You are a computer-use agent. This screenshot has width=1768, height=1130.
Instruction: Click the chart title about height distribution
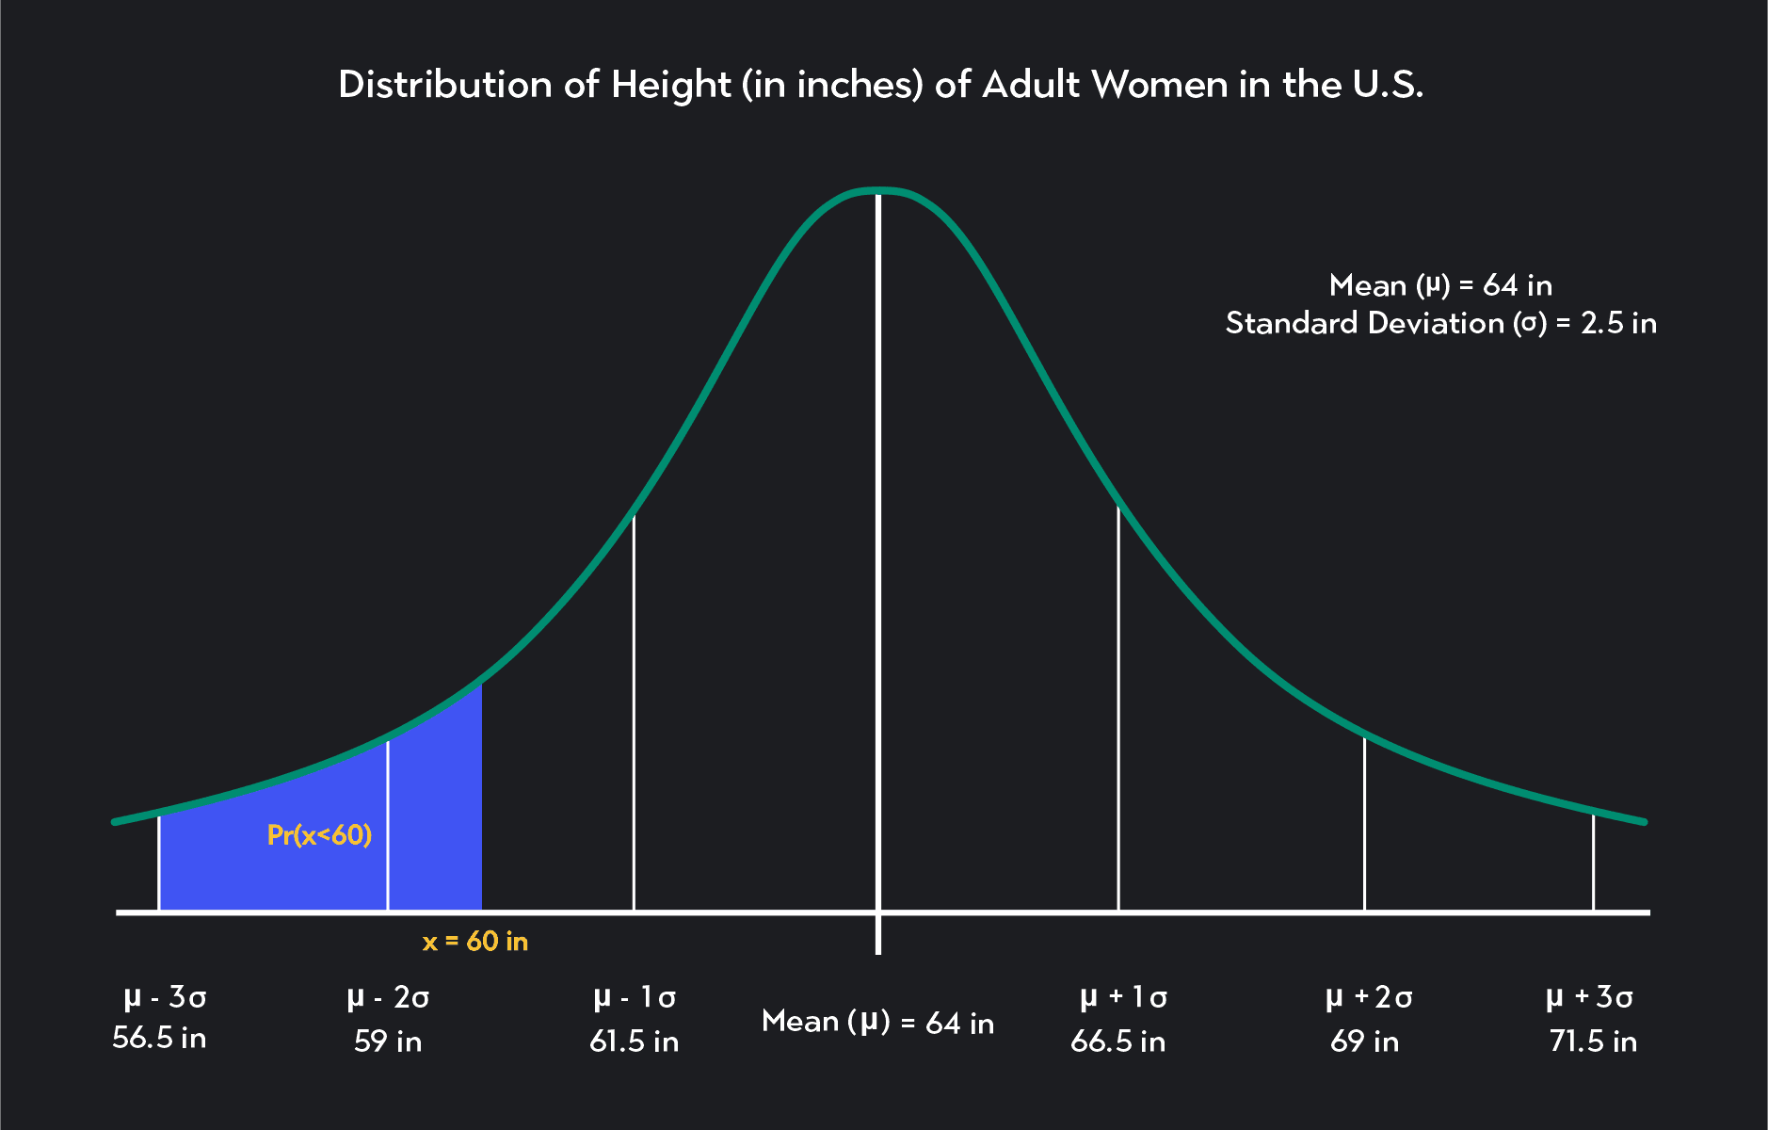tap(880, 85)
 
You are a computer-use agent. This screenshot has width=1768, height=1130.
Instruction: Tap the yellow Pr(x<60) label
tap(319, 835)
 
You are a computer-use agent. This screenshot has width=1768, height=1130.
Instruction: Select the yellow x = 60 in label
tap(475, 942)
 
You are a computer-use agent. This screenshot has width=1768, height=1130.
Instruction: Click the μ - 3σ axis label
tap(165, 997)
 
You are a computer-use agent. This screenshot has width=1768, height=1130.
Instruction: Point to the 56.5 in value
tap(159, 1039)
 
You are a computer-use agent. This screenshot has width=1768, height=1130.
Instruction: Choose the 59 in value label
tap(388, 1041)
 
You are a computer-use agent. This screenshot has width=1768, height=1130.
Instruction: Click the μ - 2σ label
tap(388, 997)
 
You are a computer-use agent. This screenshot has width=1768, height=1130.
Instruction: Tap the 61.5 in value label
tap(634, 1041)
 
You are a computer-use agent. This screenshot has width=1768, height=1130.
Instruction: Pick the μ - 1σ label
tap(635, 997)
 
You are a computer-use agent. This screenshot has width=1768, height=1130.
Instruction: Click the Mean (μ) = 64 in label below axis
tap(877, 1022)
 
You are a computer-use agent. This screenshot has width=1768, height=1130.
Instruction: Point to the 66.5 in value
tap(1117, 1041)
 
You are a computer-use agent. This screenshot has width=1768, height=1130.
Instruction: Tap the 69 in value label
tap(1364, 1041)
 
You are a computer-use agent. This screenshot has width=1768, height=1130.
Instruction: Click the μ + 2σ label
tap(1369, 997)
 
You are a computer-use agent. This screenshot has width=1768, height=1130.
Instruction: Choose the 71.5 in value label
tap(1593, 1041)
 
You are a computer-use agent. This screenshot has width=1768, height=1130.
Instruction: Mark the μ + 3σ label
tap(1589, 997)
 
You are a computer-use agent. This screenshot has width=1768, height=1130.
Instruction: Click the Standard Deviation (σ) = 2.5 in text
tap(1440, 324)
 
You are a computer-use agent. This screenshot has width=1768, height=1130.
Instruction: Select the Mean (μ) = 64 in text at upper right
tap(1440, 285)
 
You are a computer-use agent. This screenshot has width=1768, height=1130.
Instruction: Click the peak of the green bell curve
tap(878, 191)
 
